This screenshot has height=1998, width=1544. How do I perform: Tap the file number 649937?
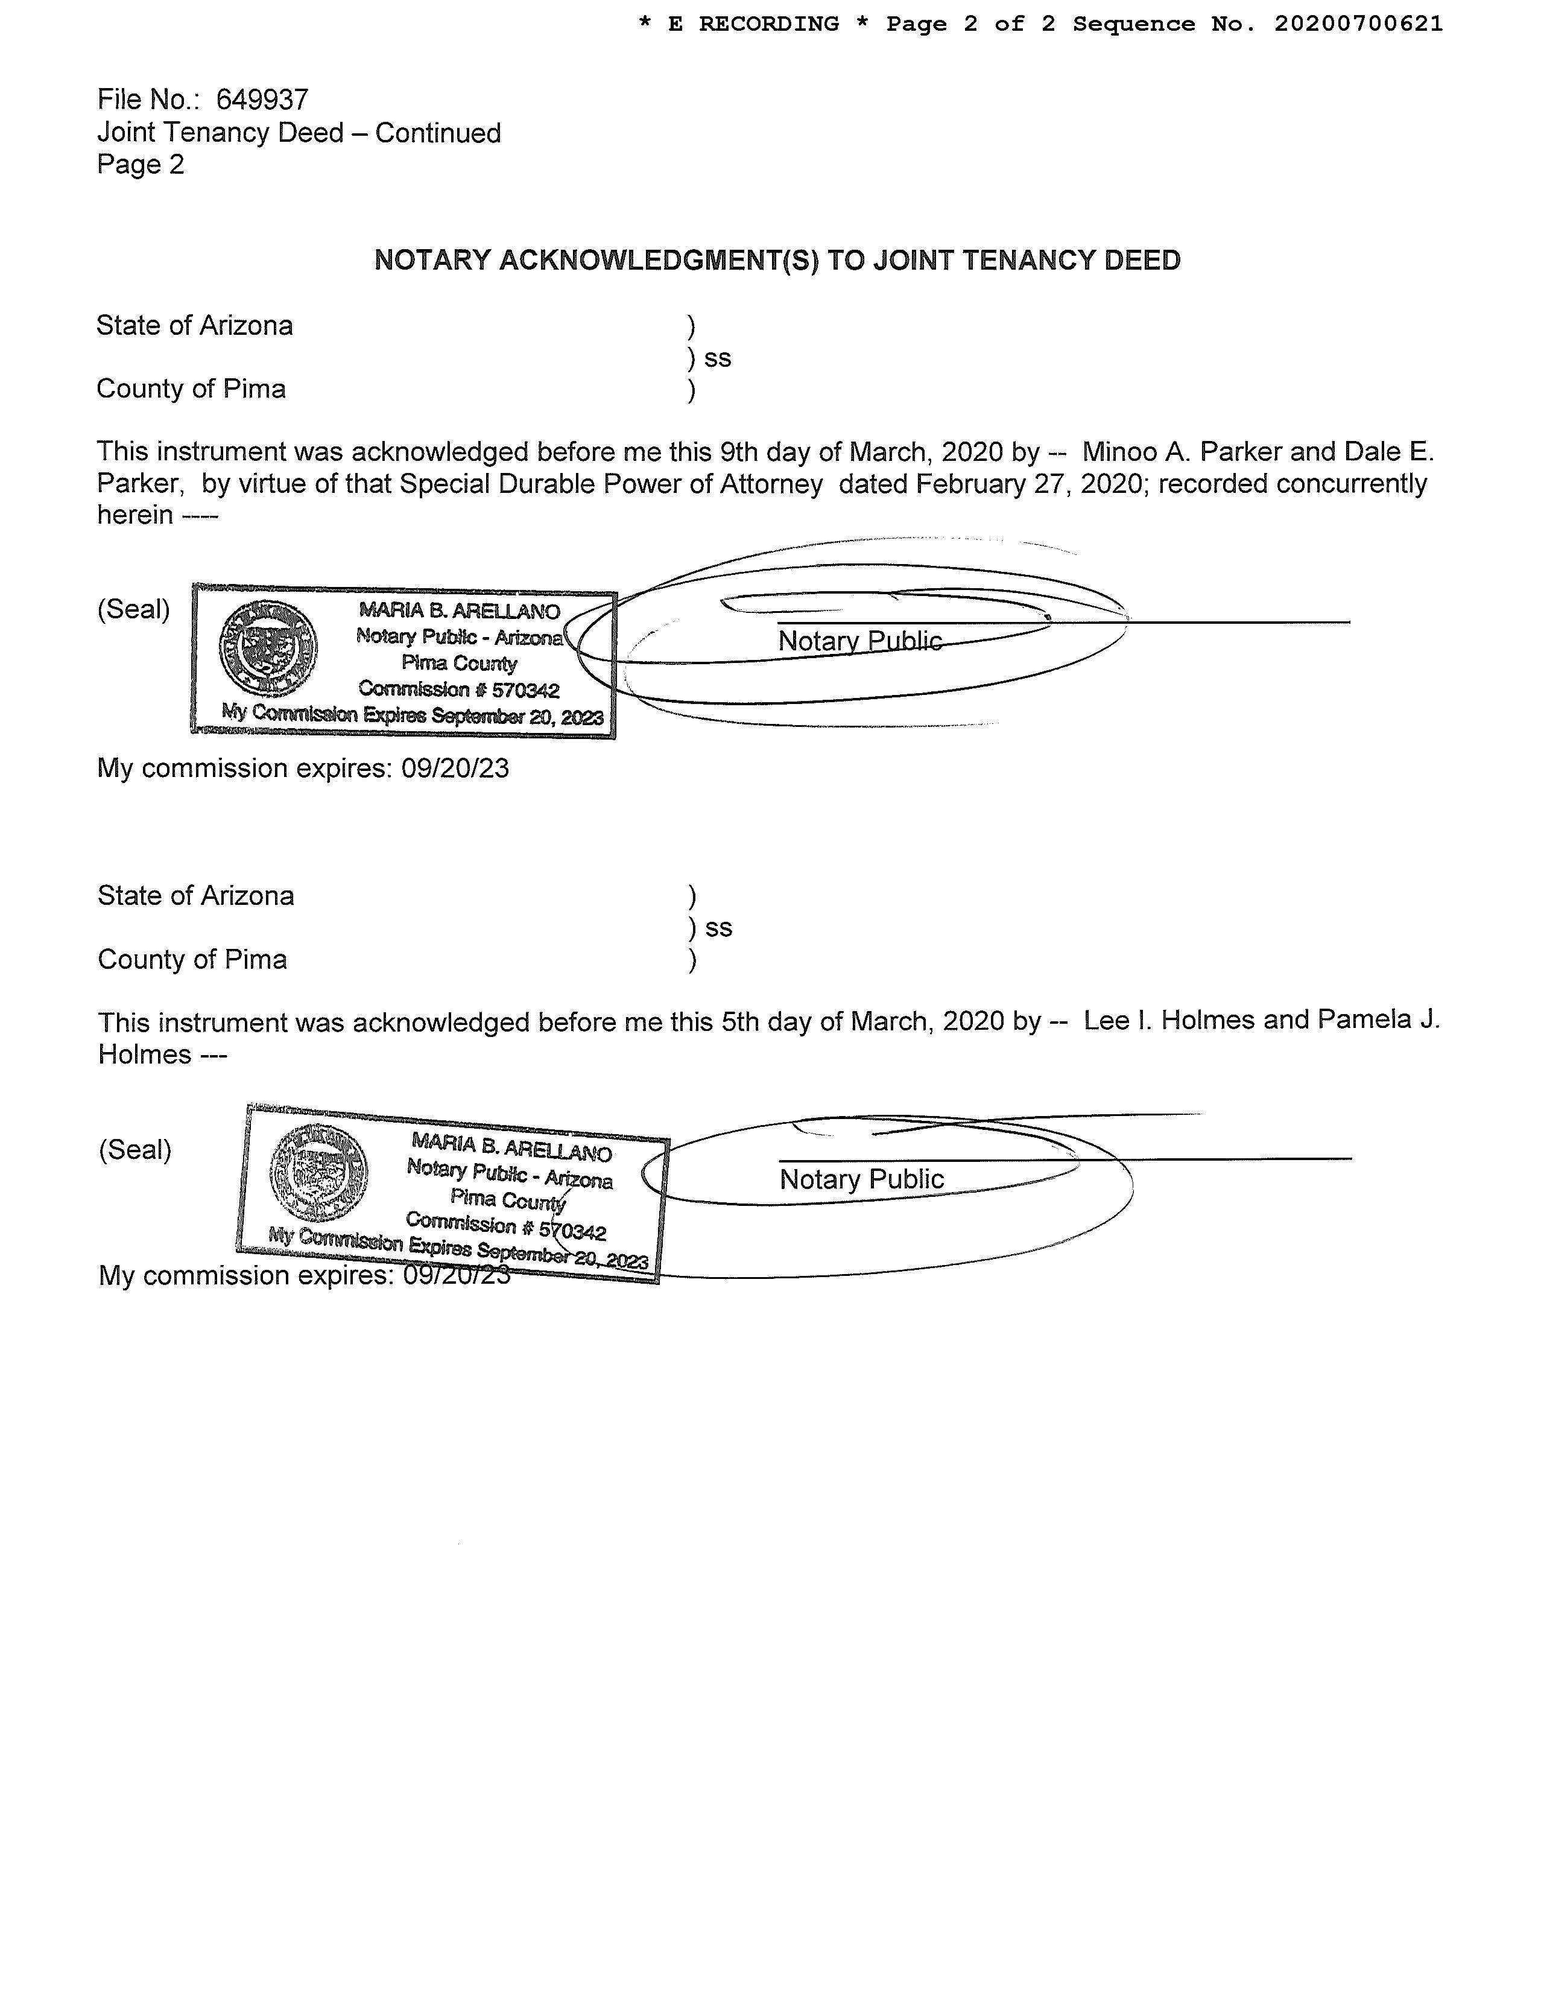[262, 100]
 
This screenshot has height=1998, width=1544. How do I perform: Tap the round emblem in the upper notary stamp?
[267, 650]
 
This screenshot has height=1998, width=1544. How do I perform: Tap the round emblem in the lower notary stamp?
[319, 1173]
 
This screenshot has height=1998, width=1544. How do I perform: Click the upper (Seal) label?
[133, 609]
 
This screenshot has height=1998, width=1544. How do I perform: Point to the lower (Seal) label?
[134, 1150]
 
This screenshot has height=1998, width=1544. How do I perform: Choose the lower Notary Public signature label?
[861, 1180]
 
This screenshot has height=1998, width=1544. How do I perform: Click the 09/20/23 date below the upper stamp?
[455, 769]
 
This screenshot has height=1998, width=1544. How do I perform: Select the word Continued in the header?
[437, 133]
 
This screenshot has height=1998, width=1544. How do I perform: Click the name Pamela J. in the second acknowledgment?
[1378, 1020]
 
